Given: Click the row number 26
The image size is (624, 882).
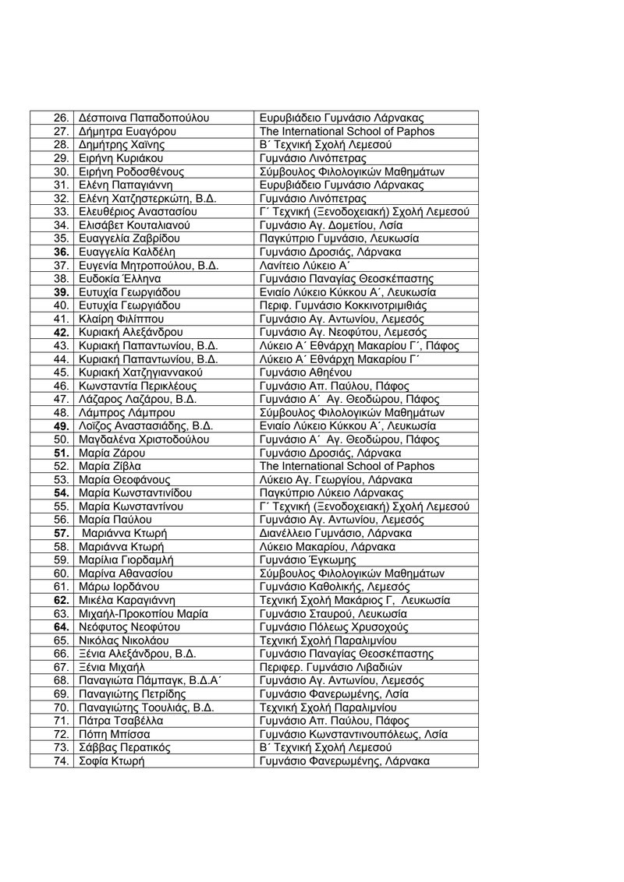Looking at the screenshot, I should point(62,118).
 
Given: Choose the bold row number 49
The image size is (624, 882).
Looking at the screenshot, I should point(62,425).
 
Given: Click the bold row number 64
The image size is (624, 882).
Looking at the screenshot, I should point(62,626).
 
